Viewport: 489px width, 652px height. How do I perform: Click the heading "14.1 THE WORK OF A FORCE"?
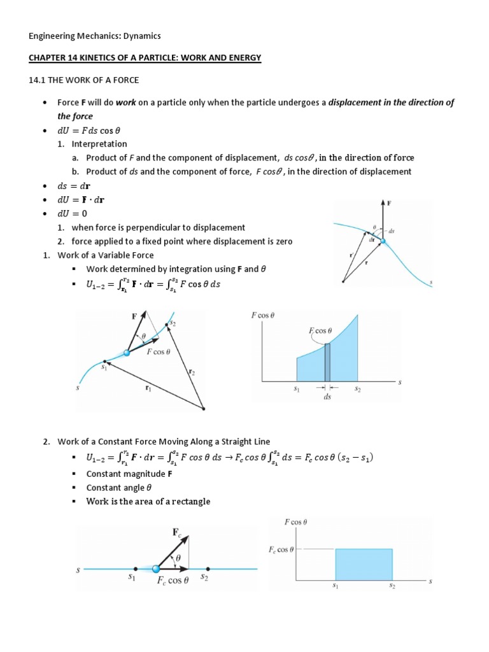coord(85,80)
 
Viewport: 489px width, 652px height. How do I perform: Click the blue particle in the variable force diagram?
coord(127,352)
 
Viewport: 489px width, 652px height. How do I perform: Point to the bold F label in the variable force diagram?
coord(134,315)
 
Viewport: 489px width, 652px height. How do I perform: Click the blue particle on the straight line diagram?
coord(156,569)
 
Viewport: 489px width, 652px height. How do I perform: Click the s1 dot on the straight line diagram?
coord(135,569)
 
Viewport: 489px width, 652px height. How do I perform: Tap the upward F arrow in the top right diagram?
coord(383,220)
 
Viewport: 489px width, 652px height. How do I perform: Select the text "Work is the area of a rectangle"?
coord(148,501)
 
